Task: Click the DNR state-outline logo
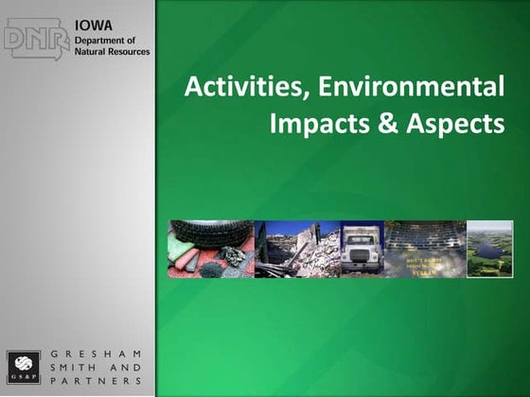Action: [x=36, y=40]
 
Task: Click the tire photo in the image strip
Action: [x=210, y=249]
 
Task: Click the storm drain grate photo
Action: [x=425, y=249]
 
